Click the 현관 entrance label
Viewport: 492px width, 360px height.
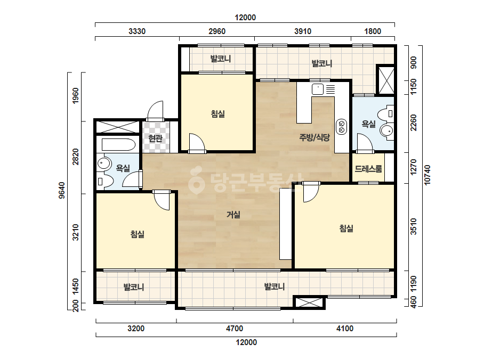tap(155, 138)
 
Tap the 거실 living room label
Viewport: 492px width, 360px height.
tap(233, 215)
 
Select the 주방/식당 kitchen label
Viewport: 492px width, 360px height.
tap(314, 137)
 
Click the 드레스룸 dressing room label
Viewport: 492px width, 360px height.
tap(368, 169)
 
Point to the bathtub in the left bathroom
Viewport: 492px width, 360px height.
tap(118, 145)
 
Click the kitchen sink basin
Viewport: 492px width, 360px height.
tap(318, 89)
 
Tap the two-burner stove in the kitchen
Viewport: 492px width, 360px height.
tap(341, 126)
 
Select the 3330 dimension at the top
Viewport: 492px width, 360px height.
tap(137, 31)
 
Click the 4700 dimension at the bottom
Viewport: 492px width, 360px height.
tap(235, 329)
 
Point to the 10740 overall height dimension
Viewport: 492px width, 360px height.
tap(428, 175)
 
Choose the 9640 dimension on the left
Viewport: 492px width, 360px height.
tap(62, 190)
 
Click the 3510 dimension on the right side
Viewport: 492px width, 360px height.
tap(414, 226)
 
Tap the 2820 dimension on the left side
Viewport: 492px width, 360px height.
tap(76, 157)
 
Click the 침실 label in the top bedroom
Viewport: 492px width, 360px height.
tap(218, 113)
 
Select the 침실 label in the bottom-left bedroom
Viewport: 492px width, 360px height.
tap(138, 234)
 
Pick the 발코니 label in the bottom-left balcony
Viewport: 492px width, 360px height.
tap(134, 287)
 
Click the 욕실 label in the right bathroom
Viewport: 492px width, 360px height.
tap(368, 124)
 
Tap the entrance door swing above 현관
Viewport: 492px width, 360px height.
tap(155, 110)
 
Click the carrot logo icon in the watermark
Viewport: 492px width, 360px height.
tap(196, 179)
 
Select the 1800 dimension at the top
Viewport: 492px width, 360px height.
tap(373, 31)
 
